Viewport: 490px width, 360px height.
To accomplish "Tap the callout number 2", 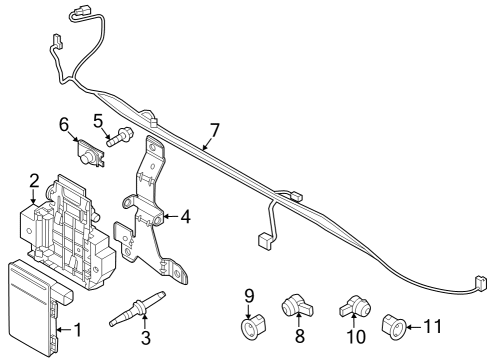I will point(34,181).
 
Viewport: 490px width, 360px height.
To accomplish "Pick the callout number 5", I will point(99,123).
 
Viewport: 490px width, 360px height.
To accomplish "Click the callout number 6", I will point(63,125).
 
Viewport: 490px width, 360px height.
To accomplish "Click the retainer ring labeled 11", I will point(392,324).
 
